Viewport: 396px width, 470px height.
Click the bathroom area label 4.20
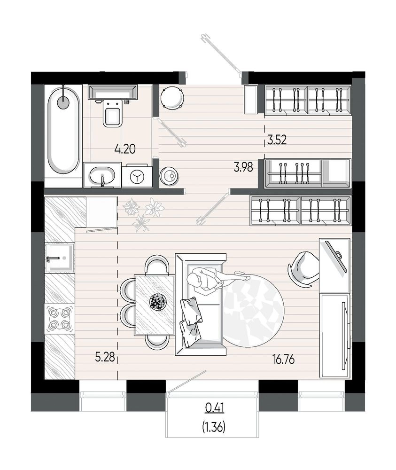point(125,149)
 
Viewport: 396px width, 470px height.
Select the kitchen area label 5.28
point(105,357)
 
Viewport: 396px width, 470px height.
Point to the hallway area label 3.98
point(243,167)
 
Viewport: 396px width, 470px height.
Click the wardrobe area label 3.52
point(277,140)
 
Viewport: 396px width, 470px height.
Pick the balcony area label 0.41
point(215,407)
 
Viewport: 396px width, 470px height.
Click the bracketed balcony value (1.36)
point(214,427)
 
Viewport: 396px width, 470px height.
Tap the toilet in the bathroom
point(112,114)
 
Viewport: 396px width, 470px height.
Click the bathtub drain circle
point(63,102)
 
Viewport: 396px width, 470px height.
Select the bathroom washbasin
point(102,175)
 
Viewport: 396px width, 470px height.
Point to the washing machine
point(137,176)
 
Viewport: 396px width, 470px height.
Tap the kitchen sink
point(60,258)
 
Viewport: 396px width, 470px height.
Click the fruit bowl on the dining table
point(158,302)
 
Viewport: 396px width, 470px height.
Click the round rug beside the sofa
point(253,310)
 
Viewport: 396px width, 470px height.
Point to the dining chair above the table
point(155,264)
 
